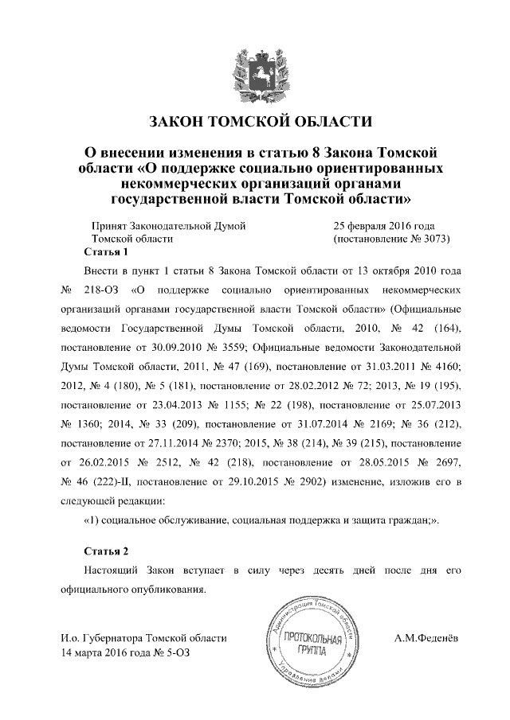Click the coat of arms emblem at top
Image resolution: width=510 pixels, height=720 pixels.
pyautogui.click(x=255, y=72)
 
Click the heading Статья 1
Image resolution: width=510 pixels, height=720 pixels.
pyautogui.click(x=105, y=252)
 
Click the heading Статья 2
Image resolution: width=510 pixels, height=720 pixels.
pyautogui.click(x=105, y=551)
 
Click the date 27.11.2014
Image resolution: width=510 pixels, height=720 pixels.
pyautogui.click(x=163, y=442)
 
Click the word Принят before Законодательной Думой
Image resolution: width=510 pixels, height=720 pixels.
pyautogui.click(x=111, y=226)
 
